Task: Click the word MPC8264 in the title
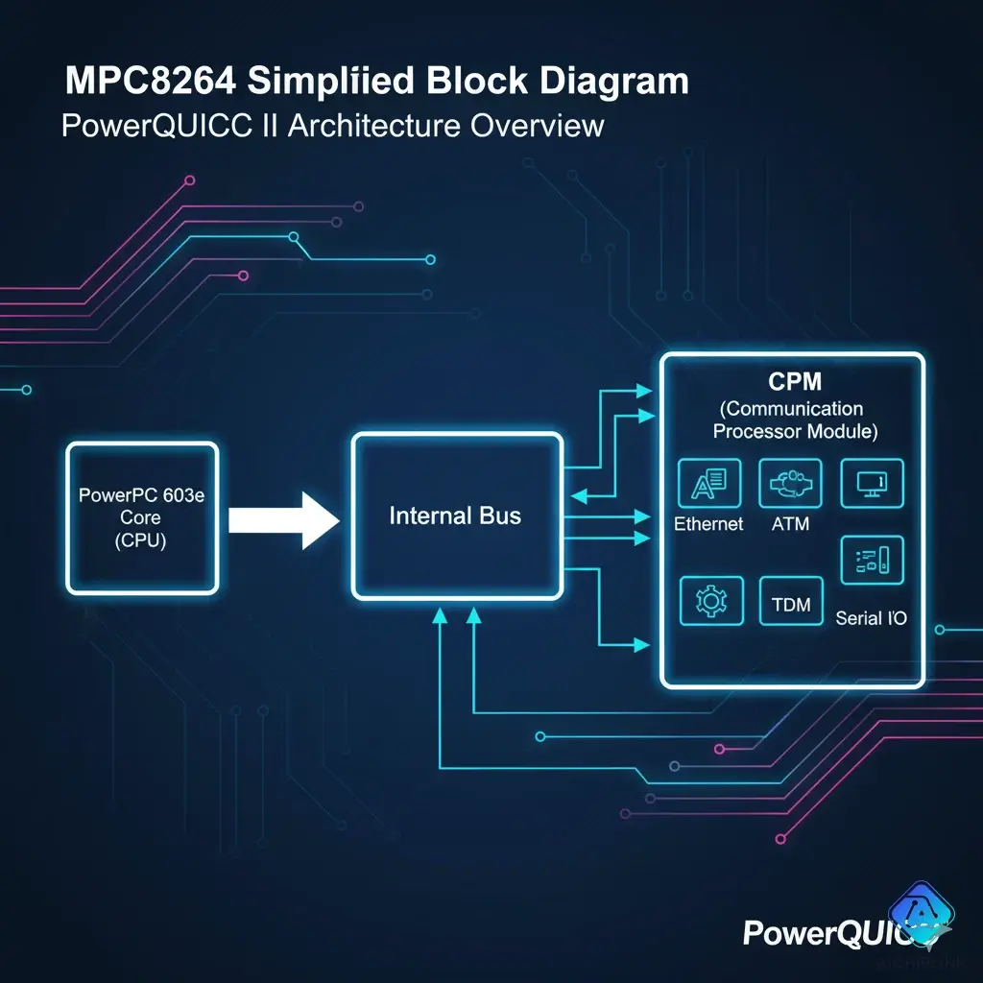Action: (x=150, y=81)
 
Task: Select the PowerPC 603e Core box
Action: (x=141, y=517)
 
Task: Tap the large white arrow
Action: (x=285, y=519)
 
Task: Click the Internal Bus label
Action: (x=455, y=515)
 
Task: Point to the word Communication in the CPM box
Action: (x=794, y=410)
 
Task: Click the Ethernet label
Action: (x=708, y=523)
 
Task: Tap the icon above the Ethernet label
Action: (x=709, y=483)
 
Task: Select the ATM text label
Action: (x=790, y=523)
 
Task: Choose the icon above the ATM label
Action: (x=790, y=483)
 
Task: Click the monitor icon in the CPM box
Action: (x=872, y=483)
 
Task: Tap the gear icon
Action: (x=710, y=602)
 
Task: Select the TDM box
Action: (x=790, y=604)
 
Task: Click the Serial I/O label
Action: (x=871, y=617)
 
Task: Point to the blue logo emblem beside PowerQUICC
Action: (x=921, y=914)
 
